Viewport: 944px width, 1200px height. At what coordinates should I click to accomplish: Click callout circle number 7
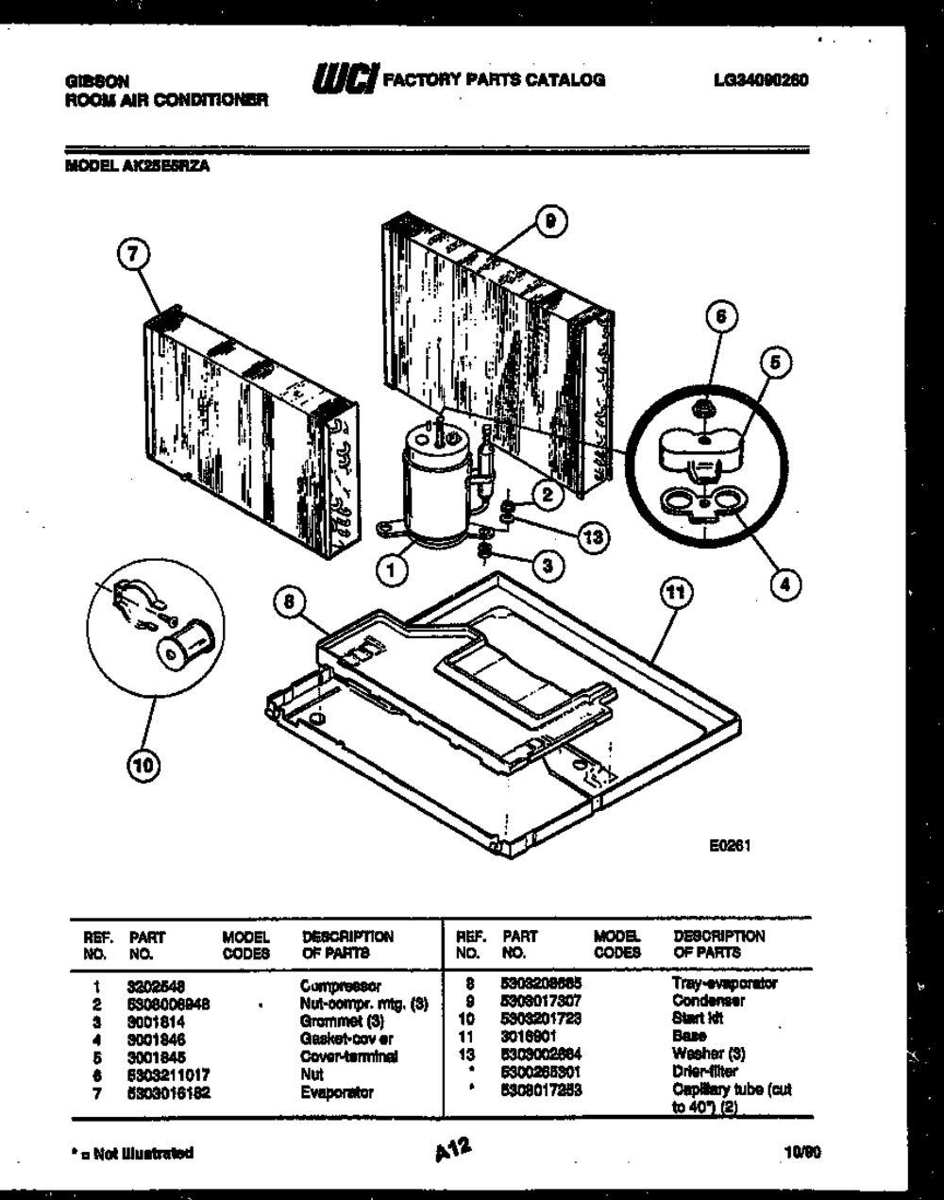pos(135,254)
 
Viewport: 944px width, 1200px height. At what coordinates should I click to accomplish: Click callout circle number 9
pos(550,222)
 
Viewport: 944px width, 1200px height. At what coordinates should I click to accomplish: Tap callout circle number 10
pos(142,766)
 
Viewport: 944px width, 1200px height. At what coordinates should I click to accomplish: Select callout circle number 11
pos(675,592)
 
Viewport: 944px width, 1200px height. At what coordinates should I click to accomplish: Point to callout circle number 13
pos(593,537)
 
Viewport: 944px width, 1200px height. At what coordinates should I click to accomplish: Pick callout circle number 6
pos(720,318)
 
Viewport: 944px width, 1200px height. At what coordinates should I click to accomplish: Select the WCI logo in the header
pos(338,79)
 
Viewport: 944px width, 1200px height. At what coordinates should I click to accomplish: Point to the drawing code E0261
pos(730,847)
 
